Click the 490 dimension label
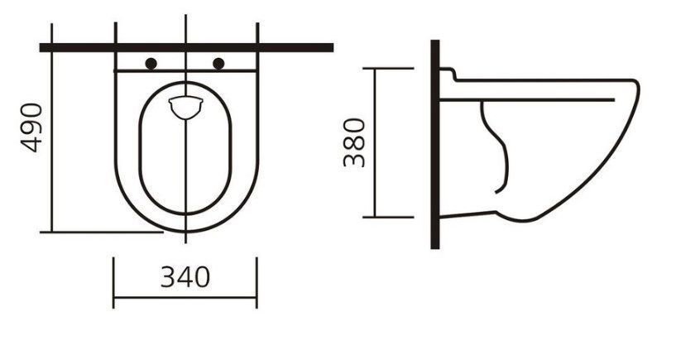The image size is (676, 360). tap(31, 127)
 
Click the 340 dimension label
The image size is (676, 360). tap(185, 277)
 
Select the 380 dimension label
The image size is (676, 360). tap(354, 142)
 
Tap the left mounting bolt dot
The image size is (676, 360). tap(151, 64)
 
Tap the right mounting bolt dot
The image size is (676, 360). tap(218, 64)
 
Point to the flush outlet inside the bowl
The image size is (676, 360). tap(185, 108)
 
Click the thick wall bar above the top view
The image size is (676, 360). tap(186, 47)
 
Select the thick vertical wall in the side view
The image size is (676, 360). tap(435, 145)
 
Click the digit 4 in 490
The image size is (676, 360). tap(31, 145)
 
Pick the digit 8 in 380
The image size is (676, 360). tap(354, 142)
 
